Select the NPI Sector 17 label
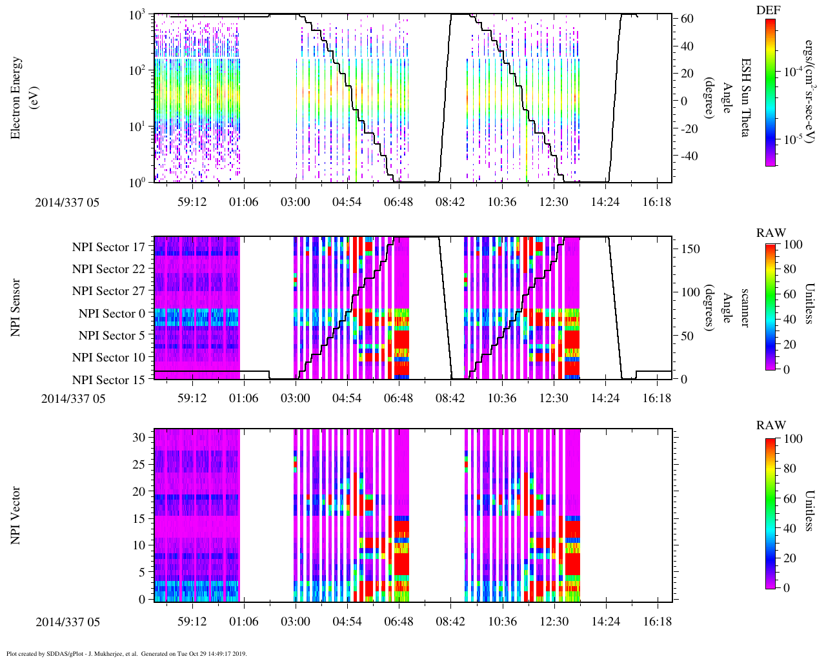tap(108, 247)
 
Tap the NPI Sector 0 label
tap(112, 314)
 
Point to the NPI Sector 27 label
tap(108, 291)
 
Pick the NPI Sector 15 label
tap(108, 380)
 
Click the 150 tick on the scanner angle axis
tap(691, 249)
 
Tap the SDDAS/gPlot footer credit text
tap(126, 654)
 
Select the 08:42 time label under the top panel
tap(450, 202)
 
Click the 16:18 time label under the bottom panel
tap(656, 622)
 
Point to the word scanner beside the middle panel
tap(745, 308)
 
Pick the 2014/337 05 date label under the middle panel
tap(73, 398)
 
